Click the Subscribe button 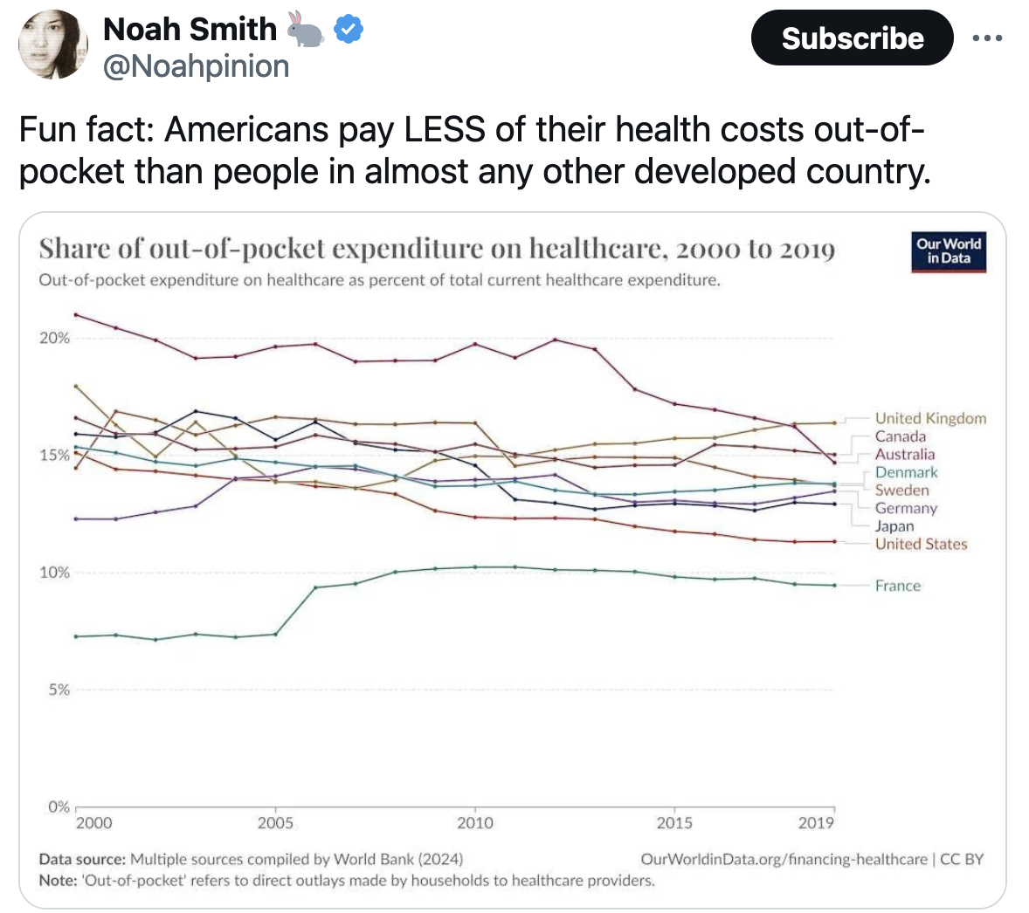852,38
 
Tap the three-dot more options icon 987,38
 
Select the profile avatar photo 53,45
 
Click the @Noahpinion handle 197,66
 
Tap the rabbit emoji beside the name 305,30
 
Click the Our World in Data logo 949,251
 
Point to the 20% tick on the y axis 54,338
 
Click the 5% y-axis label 59,690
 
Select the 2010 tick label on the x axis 475,822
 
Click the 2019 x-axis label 816,822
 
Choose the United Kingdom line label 930,419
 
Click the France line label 898,586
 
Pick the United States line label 922,544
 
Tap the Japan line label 894,526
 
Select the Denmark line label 906,472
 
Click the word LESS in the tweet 443,130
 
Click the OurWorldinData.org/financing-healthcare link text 784,859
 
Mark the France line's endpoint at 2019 834,585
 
